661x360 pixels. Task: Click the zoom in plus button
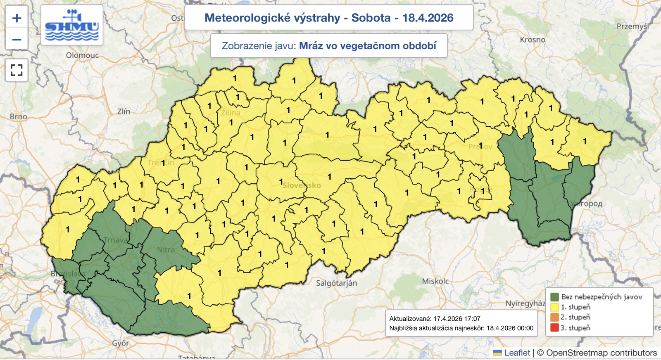click(17, 18)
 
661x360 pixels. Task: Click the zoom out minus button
click(17, 40)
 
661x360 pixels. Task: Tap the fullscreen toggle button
click(17, 70)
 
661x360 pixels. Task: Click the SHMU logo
click(72, 26)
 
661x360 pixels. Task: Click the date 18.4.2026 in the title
click(428, 18)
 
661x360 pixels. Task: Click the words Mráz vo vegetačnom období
click(367, 46)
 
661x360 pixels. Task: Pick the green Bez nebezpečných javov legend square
click(554, 297)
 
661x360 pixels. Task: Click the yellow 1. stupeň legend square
click(554, 307)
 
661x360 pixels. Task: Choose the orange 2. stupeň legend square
click(554, 317)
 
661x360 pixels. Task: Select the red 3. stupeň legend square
click(554, 328)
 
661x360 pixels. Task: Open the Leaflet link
click(516, 353)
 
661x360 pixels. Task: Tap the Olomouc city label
click(82, 55)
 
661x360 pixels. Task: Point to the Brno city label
click(19, 117)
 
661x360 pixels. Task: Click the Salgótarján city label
click(336, 283)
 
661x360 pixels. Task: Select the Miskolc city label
click(435, 281)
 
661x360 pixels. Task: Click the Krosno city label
click(532, 40)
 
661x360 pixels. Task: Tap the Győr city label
click(121, 343)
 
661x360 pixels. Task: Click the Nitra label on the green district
click(166, 250)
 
